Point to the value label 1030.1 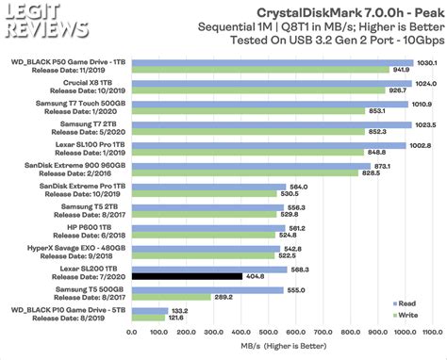point(426,62)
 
